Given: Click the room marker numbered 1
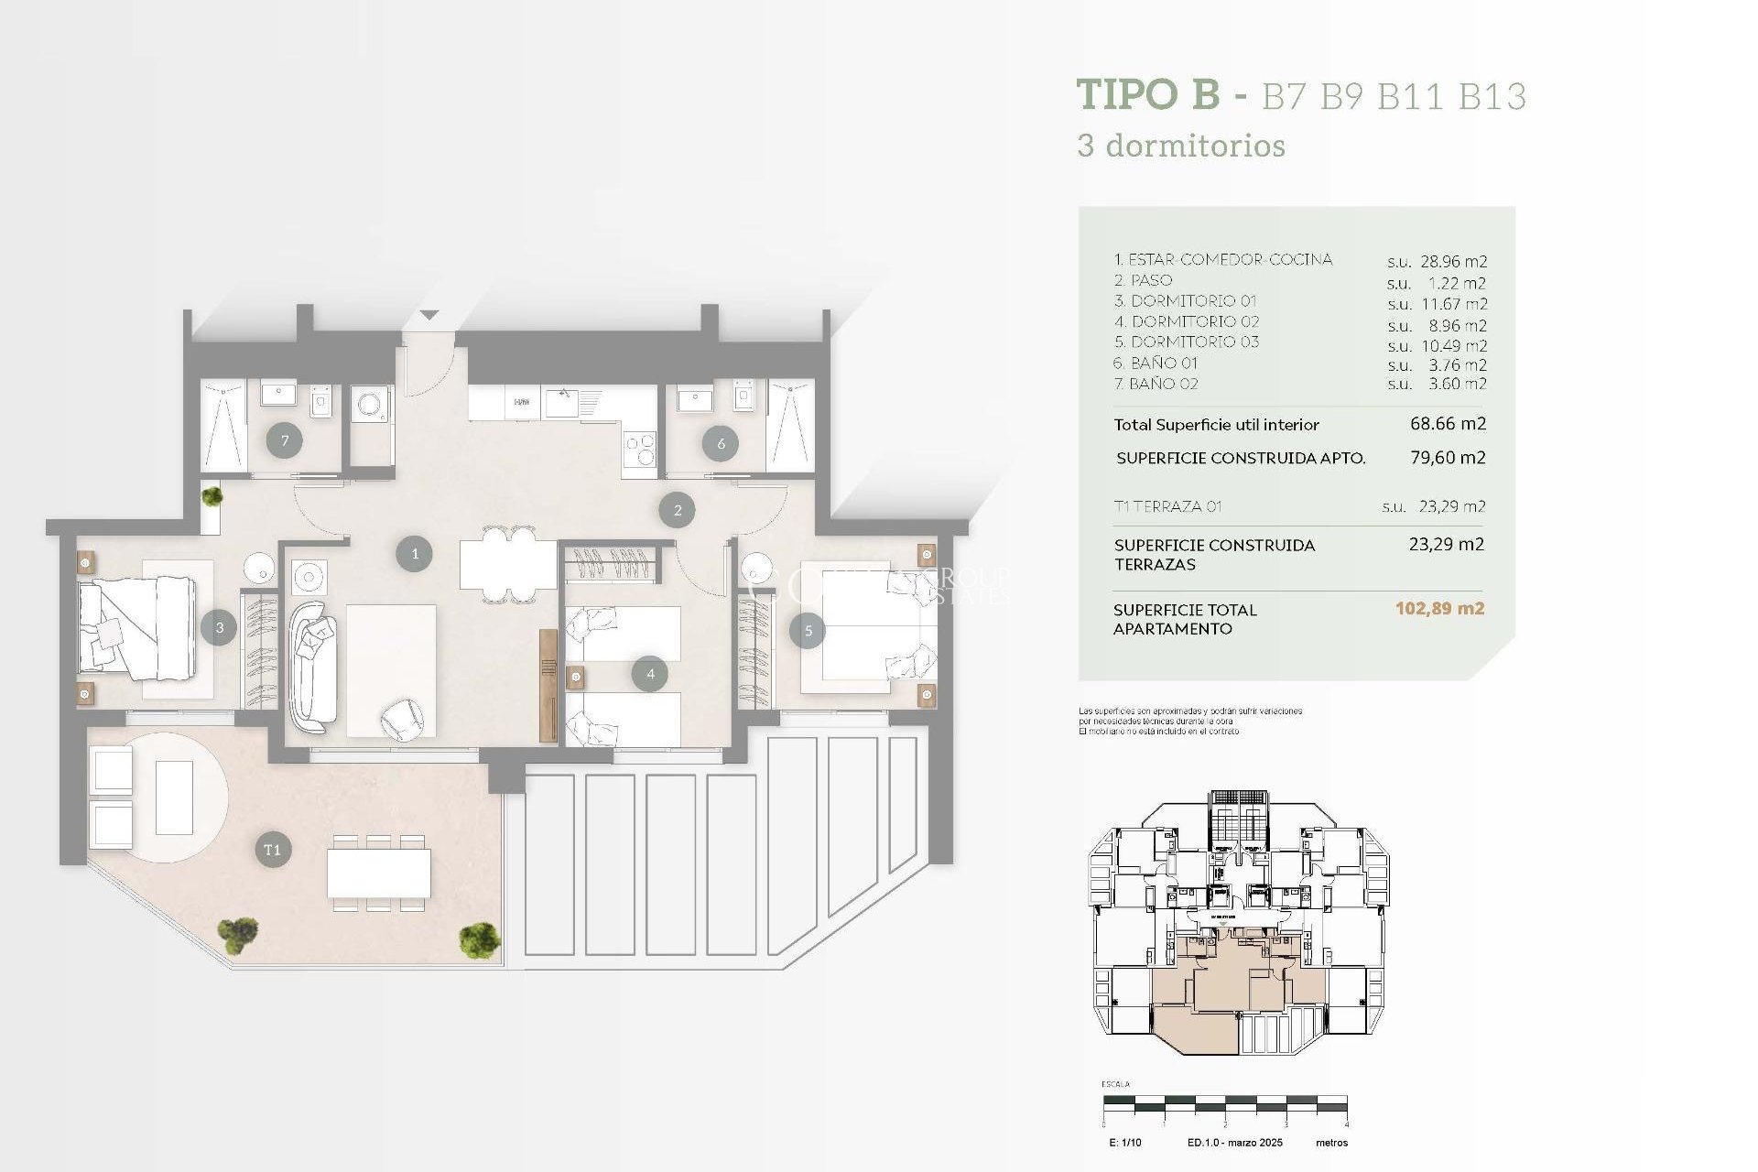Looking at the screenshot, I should coord(414,554).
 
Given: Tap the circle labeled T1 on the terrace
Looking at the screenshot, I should coord(273,850).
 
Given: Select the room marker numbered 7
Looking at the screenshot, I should coord(285,441).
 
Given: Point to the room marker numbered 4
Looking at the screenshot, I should coord(650,674).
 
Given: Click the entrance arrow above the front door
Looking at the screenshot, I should coord(429,315).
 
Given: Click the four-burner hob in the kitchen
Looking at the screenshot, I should coord(639,449).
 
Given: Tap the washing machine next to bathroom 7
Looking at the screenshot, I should coord(371,406).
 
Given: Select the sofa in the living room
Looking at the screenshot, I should coord(312,667).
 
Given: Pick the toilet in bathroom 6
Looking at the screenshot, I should coord(743,396).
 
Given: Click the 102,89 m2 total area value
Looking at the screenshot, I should coord(1439,609).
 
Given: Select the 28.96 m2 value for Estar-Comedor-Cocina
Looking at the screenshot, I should coord(1453,262).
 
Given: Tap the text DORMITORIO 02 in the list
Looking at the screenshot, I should coord(1195,321).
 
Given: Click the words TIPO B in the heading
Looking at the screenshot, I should coord(1148,95).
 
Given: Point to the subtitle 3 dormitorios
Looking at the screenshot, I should coord(1181,146).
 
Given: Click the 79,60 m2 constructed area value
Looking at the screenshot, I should coord(1448,458).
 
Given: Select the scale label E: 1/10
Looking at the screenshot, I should coord(1124,1143).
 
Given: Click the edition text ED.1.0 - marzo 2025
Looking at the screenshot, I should coord(1234,1143).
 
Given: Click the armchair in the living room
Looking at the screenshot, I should coord(402,719).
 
